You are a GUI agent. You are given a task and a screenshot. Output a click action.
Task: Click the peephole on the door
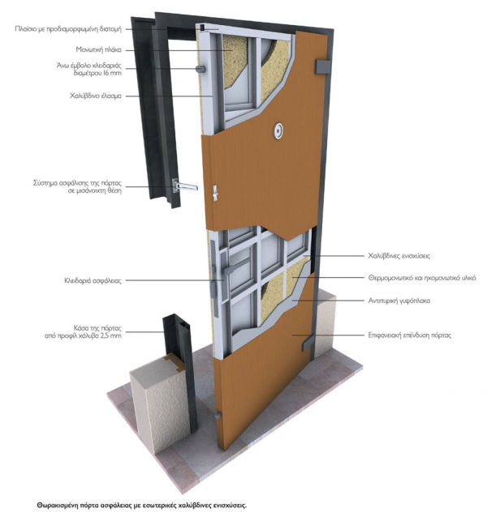(x=278, y=131)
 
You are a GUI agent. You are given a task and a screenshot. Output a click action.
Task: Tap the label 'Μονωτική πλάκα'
(x=98, y=50)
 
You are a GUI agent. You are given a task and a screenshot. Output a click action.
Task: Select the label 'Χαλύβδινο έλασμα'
(x=96, y=96)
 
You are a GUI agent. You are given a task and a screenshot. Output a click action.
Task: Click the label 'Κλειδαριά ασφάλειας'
(x=93, y=281)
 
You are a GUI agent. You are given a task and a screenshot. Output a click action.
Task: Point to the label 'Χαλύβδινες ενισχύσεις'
(x=399, y=256)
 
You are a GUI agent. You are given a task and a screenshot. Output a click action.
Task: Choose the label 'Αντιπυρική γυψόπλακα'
(x=399, y=301)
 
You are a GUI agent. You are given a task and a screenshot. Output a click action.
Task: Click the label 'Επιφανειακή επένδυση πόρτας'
(x=410, y=335)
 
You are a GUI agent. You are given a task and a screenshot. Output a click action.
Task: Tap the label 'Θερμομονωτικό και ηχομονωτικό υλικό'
(x=422, y=278)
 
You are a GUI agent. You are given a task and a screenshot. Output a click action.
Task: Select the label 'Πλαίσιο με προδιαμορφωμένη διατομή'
(x=68, y=29)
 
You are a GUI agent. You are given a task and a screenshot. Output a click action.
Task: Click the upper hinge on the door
(x=322, y=66)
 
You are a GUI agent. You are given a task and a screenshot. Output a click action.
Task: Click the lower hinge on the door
(x=308, y=344)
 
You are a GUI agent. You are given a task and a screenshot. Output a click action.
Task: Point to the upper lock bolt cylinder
(x=200, y=69)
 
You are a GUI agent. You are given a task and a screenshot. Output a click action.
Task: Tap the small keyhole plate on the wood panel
(x=215, y=193)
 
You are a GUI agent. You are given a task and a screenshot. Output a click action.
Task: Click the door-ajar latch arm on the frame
(x=185, y=186)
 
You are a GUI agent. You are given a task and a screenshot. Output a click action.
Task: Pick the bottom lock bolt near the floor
(x=218, y=415)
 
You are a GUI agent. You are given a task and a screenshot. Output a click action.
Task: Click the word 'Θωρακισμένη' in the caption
(x=58, y=506)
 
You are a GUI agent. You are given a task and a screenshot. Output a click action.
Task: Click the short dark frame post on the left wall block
(x=179, y=372)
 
